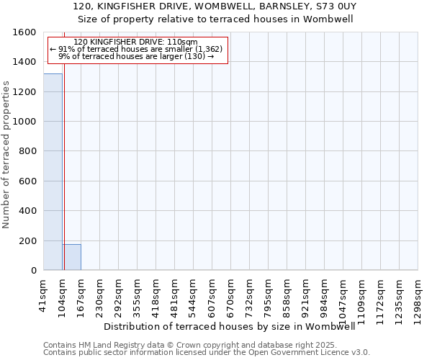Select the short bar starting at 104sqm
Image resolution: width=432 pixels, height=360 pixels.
click(71, 257)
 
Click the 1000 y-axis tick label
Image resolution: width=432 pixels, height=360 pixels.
click(26, 122)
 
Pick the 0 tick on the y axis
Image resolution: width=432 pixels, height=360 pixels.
click(34, 271)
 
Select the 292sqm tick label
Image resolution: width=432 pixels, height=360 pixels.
click(119, 294)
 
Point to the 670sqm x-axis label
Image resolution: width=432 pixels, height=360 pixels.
click(231, 294)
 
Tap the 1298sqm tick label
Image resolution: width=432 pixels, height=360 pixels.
click(418, 297)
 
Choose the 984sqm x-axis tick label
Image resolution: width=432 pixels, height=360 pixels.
click(325, 294)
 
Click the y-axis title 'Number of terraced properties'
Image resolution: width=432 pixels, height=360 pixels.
click(6, 155)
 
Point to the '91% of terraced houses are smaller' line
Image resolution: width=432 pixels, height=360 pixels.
click(136, 49)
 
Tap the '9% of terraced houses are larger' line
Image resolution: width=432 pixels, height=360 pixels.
click(136, 55)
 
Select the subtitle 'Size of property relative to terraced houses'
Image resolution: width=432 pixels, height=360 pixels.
click(215, 19)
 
